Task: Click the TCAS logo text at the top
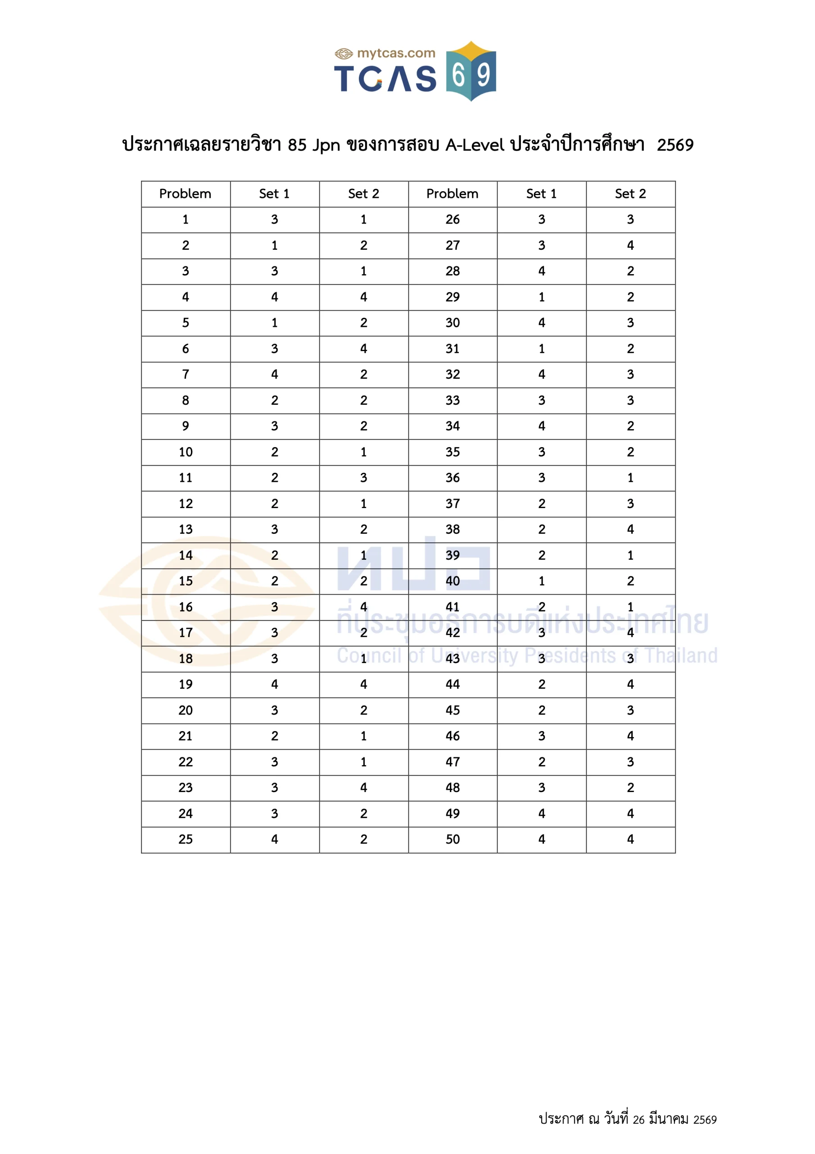pos(385,78)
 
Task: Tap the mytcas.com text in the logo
pos(396,53)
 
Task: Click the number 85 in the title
pos(297,145)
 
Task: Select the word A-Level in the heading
pos(475,145)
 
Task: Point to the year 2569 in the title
pos(675,145)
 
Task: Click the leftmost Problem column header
pos(186,194)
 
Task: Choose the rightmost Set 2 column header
pos(630,194)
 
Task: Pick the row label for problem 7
pos(186,375)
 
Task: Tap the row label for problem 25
pos(186,839)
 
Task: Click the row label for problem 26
pos(453,220)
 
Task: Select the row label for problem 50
pos(453,839)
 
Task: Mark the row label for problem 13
pos(186,529)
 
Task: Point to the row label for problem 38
pos(453,529)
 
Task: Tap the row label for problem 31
pos(453,349)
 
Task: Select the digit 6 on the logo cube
pos(458,75)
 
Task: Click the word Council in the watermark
pos(369,656)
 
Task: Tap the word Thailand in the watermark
pos(681,656)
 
